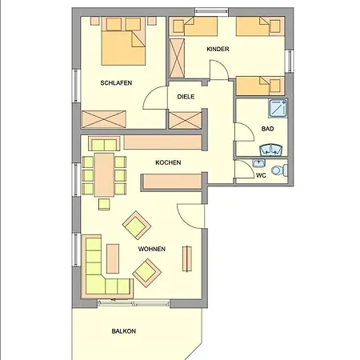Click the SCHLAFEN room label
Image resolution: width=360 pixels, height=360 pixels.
pyautogui.click(x=116, y=83)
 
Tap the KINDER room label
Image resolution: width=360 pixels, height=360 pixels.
pyautogui.click(x=218, y=49)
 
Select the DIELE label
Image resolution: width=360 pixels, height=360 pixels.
pyautogui.click(x=186, y=97)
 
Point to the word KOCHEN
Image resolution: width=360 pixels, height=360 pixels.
pyautogui.click(x=168, y=162)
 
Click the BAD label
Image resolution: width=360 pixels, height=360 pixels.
pyautogui.click(x=267, y=129)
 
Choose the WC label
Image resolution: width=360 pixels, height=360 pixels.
pyautogui.click(x=261, y=175)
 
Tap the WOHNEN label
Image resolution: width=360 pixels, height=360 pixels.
pyautogui.click(x=152, y=249)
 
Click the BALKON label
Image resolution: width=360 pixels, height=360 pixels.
pyautogui.click(x=124, y=331)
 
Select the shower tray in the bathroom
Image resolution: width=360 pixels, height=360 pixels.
pyautogui.click(x=278, y=108)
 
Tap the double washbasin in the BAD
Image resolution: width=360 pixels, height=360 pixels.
pyautogui.click(x=271, y=150)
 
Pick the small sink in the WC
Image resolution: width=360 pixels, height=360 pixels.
pyautogui.click(x=258, y=162)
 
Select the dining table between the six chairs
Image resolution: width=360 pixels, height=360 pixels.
pyautogui.click(x=104, y=174)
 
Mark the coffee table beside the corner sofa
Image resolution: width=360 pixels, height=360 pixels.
pyautogui.click(x=113, y=258)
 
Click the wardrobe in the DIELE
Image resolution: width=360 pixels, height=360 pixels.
pyautogui.click(x=186, y=121)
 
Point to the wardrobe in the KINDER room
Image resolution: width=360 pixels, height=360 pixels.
pyautogui.click(x=177, y=58)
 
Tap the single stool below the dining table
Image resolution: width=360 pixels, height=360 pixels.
pyautogui.click(x=104, y=205)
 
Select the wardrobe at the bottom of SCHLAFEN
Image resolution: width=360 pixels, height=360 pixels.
pyautogui.click(x=104, y=119)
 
